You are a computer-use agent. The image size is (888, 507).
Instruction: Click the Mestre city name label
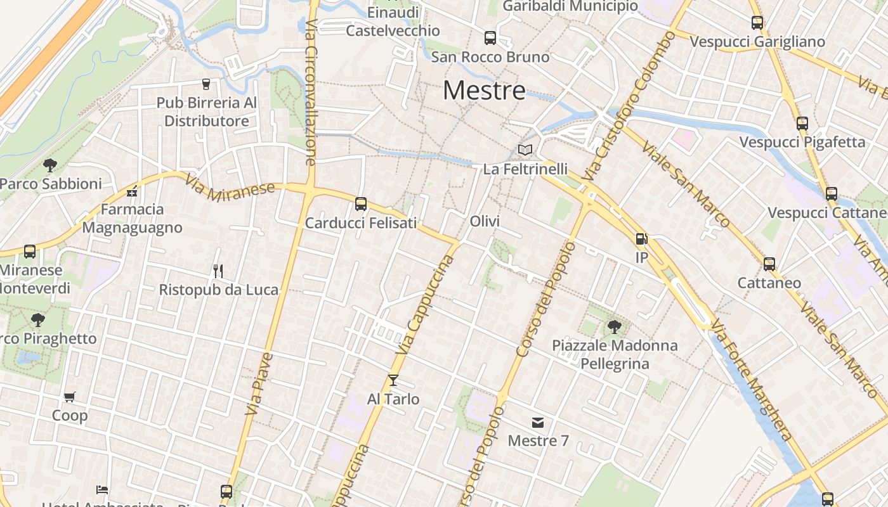point(484,91)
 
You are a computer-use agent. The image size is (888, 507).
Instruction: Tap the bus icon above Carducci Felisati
point(361,204)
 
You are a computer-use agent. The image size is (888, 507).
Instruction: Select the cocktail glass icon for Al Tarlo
point(393,380)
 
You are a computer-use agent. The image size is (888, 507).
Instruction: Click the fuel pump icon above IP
point(641,239)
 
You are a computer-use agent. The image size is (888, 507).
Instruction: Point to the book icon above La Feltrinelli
point(525,150)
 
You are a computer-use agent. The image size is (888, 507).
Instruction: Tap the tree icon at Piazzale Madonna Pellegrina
point(614,327)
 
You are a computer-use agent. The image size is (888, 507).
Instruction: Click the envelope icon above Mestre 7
point(538,423)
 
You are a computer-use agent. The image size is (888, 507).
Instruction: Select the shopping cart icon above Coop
point(69,397)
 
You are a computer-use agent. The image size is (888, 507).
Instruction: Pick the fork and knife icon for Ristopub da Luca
point(218,271)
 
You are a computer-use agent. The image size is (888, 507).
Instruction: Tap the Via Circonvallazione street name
point(311,92)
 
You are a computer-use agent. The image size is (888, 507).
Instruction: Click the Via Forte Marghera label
point(751,380)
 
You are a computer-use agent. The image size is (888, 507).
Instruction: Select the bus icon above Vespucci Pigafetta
point(802,124)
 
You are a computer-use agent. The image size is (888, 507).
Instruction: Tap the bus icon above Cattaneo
point(769,264)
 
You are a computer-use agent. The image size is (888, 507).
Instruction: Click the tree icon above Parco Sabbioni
point(50,165)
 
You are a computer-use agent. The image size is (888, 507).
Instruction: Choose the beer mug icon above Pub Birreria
point(206,84)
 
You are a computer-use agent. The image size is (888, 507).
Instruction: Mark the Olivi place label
point(485,221)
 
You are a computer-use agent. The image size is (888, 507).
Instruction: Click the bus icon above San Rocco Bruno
point(490,38)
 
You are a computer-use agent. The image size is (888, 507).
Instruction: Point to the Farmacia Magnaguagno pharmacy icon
point(132,191)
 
